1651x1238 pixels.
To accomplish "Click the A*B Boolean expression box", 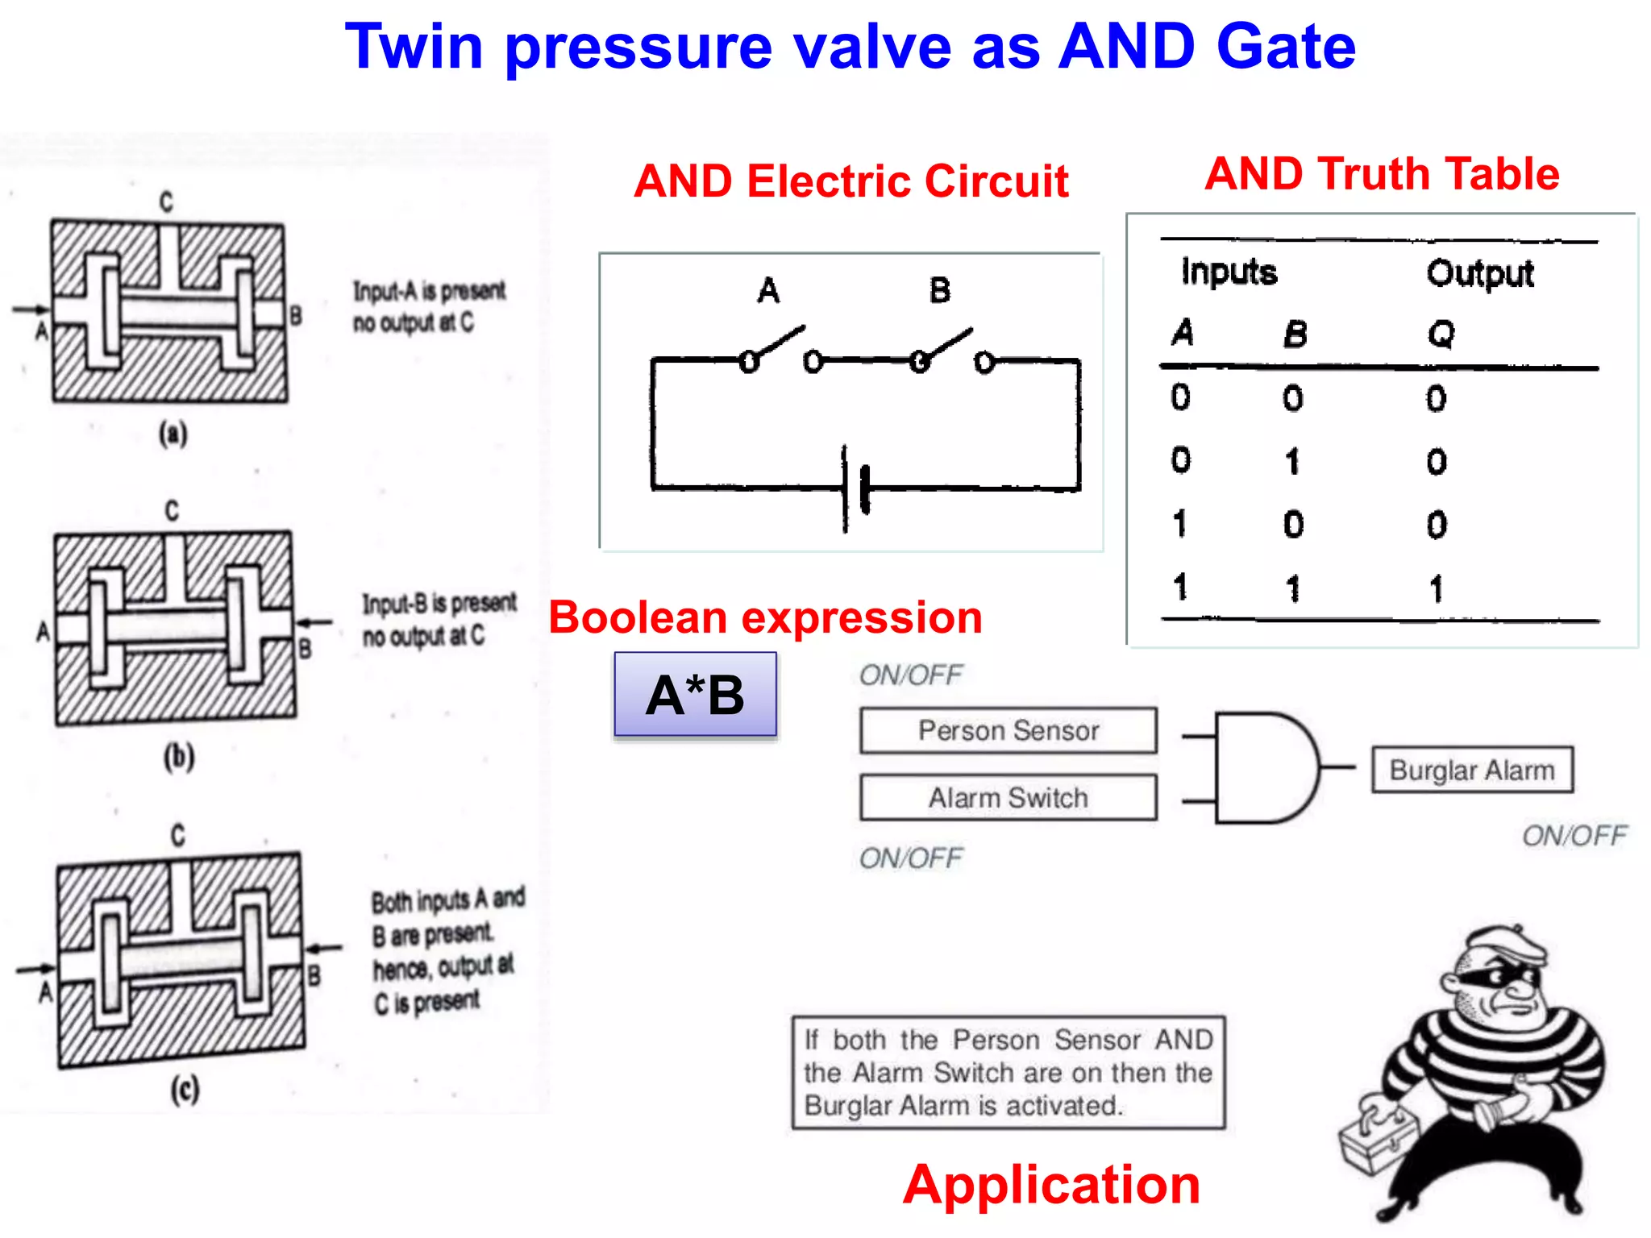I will tap(695, 695).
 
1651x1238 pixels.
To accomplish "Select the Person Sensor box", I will tap(1008, 731).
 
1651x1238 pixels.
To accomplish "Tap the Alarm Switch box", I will tap(1008, 798).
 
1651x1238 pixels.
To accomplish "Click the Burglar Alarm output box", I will tap(1472, 771).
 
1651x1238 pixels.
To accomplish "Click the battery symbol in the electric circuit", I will tap(855, 488).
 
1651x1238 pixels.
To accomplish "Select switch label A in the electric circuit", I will tap(768, 290).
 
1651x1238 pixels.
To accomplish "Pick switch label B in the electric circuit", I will tap(940, 290).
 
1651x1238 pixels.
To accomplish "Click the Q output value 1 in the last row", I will tap(1436, 589).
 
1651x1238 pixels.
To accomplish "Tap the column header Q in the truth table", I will tap(1441, 333).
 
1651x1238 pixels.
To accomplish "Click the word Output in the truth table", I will tap(1479, 273).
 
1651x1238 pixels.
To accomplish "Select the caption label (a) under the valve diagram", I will tap(173, 434).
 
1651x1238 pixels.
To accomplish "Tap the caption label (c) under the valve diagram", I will tap(185, 1090).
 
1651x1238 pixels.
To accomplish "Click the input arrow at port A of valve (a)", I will tap(31, 309).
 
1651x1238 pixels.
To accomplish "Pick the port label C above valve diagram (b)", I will tap(172, 510).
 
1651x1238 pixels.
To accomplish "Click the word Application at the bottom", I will tap(1051, 1185).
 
